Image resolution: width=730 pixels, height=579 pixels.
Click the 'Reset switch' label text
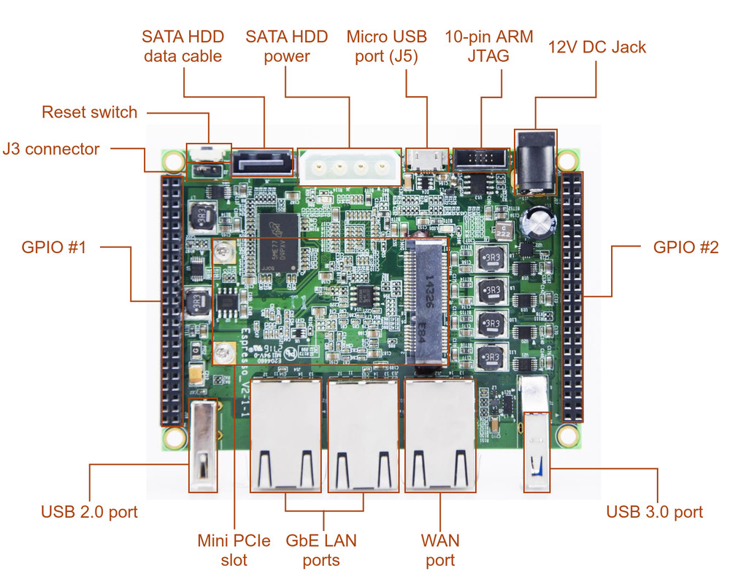pos(89,112)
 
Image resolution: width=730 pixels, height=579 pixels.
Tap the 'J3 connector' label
pos(51,149)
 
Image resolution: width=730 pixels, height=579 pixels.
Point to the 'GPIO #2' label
pos(685,247)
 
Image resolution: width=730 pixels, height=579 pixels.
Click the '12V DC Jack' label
pos(597,47)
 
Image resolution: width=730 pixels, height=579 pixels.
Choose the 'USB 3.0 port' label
pos(654,512)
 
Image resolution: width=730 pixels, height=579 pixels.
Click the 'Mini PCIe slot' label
pos(234,550)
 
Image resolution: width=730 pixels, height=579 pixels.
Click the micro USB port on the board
pos(427,157)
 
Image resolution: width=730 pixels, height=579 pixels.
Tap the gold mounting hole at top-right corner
pos(566,159)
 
